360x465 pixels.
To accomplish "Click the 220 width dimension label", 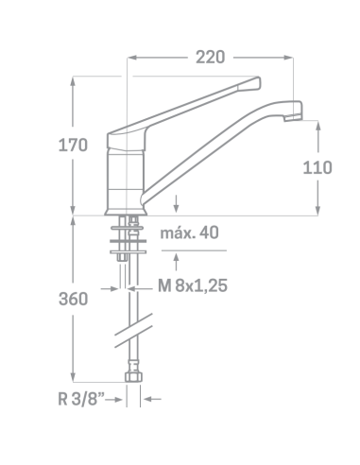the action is tap(210, 58).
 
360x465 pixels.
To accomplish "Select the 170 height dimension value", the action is tap(73, 146).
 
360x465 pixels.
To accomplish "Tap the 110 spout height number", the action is tap(317, 167).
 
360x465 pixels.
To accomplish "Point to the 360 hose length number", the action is tap(73, 299).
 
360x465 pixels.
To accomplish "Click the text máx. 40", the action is tap(189, 233).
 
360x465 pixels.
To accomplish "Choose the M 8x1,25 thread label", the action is tap(193, 285).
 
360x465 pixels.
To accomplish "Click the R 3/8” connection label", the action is tap(81, 399).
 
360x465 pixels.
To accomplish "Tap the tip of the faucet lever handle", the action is tap(259, 83).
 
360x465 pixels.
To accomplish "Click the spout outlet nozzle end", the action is tap(293, 118).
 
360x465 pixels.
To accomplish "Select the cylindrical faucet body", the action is tap(126, 182).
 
